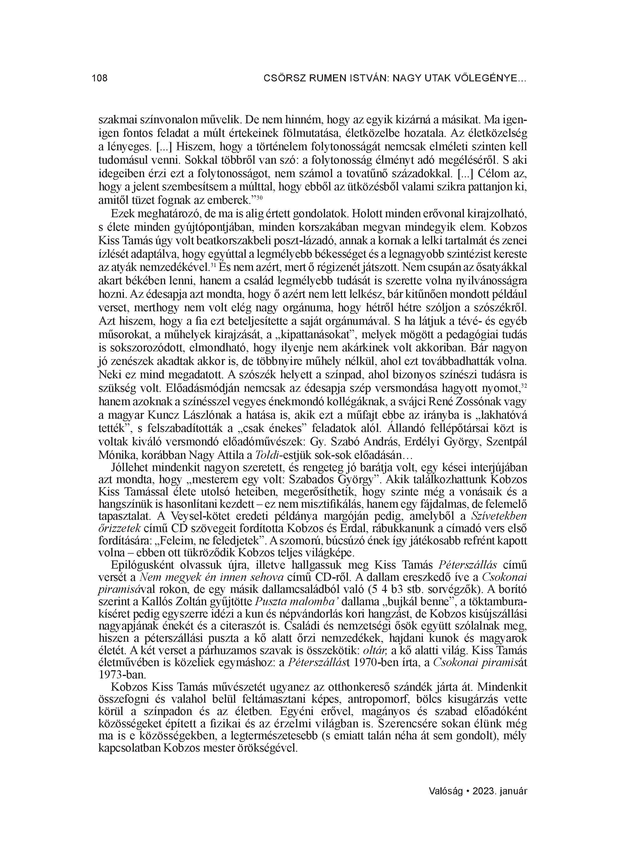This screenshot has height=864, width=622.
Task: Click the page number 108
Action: tap(100, 78)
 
